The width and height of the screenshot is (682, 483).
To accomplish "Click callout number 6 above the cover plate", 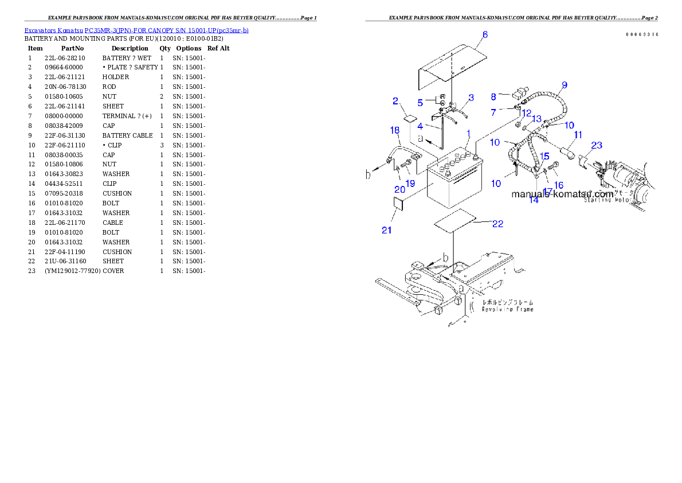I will pyautogui.click(x=485, y=35).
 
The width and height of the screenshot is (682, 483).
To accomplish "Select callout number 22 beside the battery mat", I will pyautogui.click(x=497, y=224).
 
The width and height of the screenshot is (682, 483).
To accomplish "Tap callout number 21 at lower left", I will pyautogui.click(x=387, y=230).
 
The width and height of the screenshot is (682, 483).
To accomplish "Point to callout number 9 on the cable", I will pyautogui.click(x=565, y=85).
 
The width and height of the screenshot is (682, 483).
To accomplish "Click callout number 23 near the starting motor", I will pyautogui.click(x=597, y=146).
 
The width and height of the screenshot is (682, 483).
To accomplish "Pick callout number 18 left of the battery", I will pyautogui.click(x=395, y=131).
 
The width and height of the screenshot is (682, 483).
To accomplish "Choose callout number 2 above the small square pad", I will pyautogui.click(x=395, y=101).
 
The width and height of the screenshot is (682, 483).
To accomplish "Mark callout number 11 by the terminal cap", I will pyautogui.click(x=578, y=134).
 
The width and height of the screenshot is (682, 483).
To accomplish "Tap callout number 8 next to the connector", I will pyautogui.click(x=493, y=97).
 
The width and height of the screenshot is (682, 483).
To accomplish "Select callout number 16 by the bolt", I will pyautogui.click(x=559, y=185).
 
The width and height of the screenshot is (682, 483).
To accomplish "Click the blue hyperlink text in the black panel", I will pyautogui.click(x=136, y=30).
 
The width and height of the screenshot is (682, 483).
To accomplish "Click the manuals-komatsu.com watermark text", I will pyautogui.click(x=562, y=194).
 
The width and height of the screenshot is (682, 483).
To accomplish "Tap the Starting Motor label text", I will pyautogui.click(x=606, y=201).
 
